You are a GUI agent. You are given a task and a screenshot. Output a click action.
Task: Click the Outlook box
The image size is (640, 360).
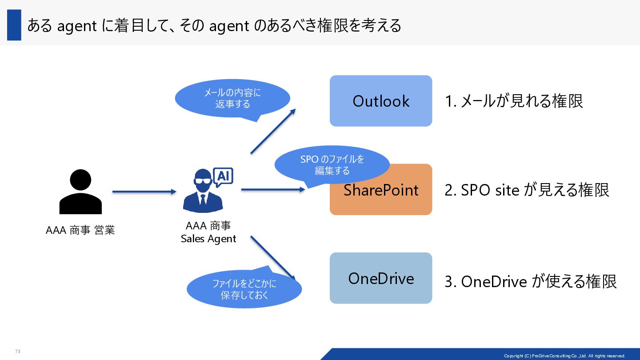[381, 101]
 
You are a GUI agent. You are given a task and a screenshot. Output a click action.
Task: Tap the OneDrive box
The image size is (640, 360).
[381, 278]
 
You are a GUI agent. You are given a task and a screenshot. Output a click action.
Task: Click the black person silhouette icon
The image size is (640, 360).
[80, 192]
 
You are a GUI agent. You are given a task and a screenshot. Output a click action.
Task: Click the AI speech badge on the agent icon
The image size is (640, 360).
[223, 176]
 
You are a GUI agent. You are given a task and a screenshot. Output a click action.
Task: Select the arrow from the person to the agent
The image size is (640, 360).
[144, 192]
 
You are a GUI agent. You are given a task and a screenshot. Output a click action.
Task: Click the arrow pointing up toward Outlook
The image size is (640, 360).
[273, 131]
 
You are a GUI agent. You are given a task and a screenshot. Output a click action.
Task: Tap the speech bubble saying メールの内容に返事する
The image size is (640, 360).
[232, 99]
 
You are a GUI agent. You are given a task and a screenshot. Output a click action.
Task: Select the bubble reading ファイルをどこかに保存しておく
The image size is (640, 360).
[244, 289]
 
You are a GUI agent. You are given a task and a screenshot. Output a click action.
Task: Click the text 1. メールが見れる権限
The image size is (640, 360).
[514, 101]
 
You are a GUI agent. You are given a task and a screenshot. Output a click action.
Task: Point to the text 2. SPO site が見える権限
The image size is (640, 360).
[527, 190]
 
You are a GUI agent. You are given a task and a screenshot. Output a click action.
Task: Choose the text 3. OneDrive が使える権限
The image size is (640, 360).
[531, 281]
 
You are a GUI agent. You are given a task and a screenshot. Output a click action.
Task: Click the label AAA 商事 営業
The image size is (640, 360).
[80, 230]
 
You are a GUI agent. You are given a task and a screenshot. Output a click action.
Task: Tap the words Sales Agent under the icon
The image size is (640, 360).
[208, 239]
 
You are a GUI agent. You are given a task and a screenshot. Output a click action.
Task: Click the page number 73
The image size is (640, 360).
[18, 352]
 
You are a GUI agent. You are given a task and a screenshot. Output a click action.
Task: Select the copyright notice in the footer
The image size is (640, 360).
[564, 356]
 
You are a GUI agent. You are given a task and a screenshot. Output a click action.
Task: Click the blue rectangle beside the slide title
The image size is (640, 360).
[14, 25]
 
